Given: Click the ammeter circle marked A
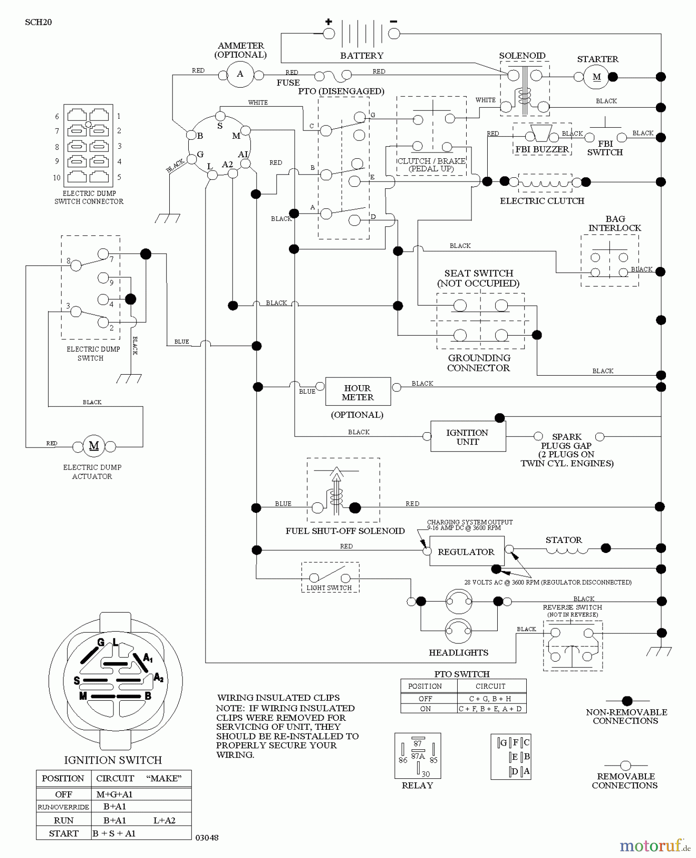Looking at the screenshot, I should pos(240,74).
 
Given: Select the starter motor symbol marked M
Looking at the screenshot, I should pos(596,77).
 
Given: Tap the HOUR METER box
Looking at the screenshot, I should pos(358,392).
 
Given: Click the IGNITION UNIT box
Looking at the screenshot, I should pos(468,437).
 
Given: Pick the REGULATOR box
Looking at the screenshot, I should pos(466,552).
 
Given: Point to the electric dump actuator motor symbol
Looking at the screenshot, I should pos(94,446).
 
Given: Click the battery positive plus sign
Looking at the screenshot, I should pos(328,21).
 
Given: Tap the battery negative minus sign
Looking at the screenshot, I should pos(394,21).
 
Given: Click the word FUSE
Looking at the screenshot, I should pos(288,82).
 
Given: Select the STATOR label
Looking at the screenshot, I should pos(563,540).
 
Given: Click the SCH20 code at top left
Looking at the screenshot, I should pos(38,22).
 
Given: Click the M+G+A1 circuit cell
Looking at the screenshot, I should pos(114,794).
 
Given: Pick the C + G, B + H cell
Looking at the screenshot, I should pos(491,698).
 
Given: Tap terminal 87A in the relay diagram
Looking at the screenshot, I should pos(418,756).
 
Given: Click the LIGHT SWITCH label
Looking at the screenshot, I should pos(329,588).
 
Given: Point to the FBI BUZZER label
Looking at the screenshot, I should pos(542,149).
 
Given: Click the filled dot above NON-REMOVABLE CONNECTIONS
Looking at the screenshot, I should pos(627,701).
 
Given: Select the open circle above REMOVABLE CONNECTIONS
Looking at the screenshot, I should pos(625,766).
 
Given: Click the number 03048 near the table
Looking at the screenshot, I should pos(207,838).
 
